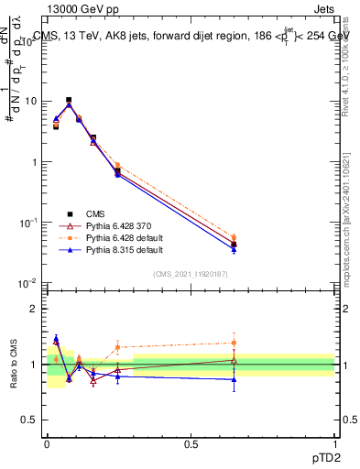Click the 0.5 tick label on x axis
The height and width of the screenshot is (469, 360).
[191, 442]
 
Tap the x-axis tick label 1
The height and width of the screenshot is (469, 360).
[335, 442]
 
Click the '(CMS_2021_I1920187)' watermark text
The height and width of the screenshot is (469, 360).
[190, 274]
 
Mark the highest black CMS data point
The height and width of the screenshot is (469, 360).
[69, 100]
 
